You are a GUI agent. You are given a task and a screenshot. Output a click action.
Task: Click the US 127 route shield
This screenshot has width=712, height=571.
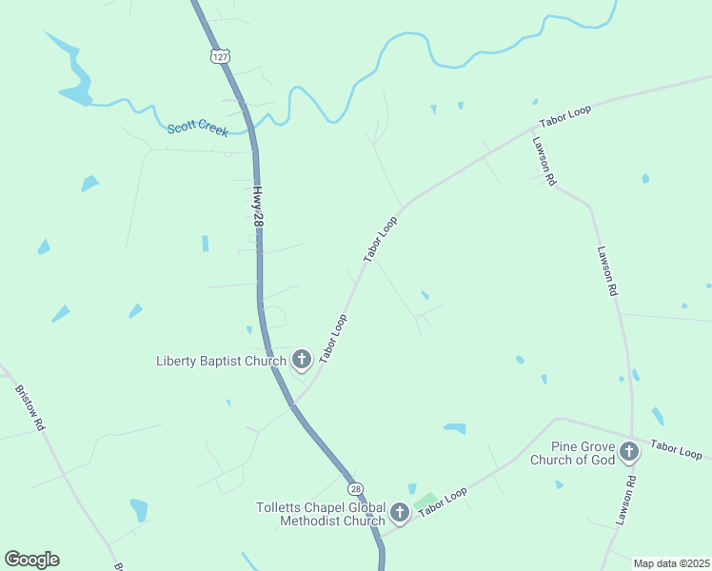(x=221, y=57)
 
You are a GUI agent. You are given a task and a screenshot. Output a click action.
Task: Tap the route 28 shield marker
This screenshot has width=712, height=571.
(x=355, y=488)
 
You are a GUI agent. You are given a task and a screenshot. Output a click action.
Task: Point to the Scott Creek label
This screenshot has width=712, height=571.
(x=197, y=128)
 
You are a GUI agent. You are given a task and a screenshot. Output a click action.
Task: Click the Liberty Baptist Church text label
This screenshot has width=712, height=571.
(x=221, y=361)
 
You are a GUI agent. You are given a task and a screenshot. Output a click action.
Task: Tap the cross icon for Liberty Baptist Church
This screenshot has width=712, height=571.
(x=302, y=360)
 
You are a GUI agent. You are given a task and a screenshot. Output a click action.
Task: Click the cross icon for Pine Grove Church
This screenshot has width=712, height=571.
(x=628, y=452)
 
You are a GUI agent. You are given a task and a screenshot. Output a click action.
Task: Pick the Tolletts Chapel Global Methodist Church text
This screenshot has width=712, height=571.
(x=321, y=514)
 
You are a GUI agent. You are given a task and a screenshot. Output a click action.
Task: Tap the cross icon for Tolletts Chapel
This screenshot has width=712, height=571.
(x=400, y=514)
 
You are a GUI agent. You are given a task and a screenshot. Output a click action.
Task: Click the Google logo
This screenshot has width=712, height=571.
(x=31, y=560)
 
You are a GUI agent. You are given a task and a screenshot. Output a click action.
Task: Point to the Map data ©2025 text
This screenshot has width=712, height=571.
(x=670, y=563)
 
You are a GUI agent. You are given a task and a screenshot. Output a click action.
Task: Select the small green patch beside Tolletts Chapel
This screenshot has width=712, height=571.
(x=425, y=501)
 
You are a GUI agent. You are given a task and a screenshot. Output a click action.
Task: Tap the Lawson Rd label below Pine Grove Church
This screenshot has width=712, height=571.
(x=624, y=501)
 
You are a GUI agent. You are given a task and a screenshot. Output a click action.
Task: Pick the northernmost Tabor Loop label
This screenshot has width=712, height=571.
(x=565, y=116)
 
